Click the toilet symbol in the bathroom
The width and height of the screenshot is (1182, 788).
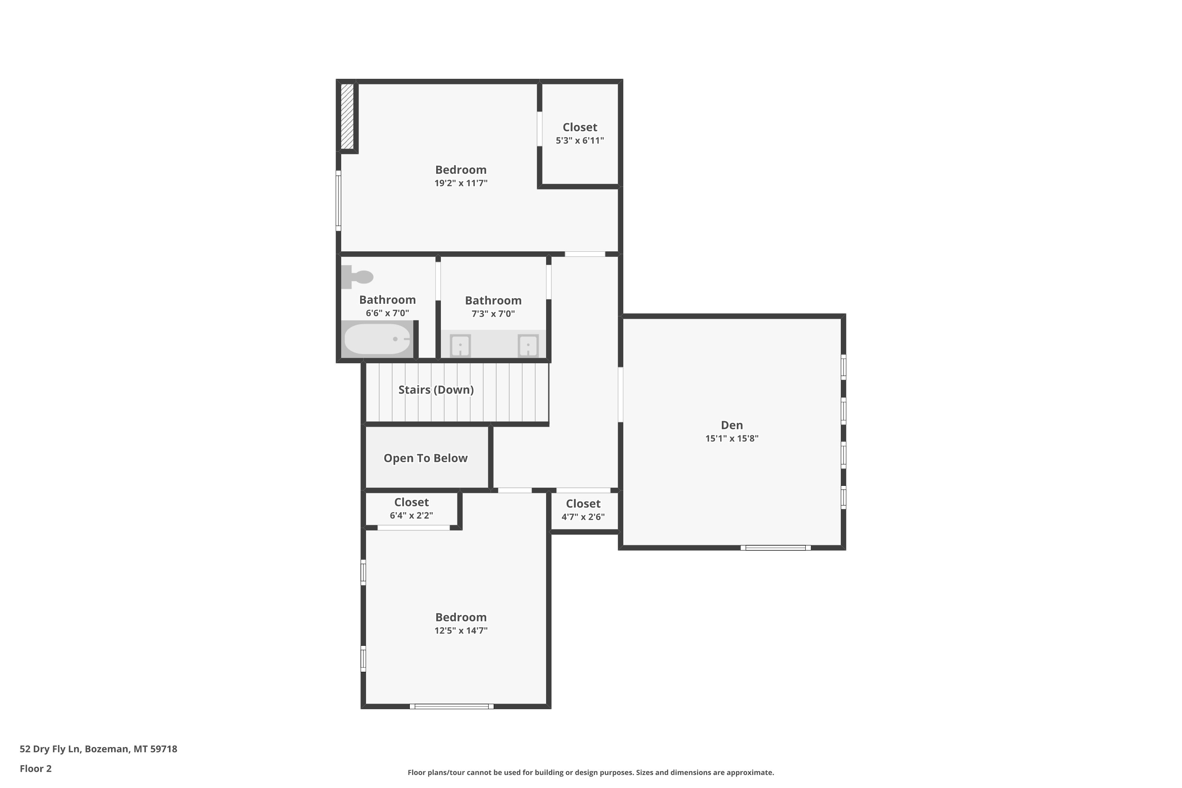point(357,277)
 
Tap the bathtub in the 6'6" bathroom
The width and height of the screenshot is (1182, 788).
point(377,339)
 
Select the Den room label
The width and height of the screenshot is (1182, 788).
point(732,425)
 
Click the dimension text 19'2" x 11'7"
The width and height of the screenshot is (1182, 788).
point(461,183)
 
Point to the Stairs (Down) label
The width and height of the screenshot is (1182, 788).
point(436,390)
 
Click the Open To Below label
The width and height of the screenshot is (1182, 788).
point(426,458)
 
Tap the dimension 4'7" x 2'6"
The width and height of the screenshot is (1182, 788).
point(583,517)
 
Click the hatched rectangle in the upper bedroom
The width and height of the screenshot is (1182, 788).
point(347,116)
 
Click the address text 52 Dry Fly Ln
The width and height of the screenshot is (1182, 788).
point(50,749)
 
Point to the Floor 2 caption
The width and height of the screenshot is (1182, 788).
point(36,768)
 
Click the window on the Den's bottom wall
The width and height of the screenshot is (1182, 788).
point(775,548)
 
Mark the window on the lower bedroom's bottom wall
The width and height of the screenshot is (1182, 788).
point(451,706)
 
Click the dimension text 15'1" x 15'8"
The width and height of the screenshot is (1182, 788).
point(732,438)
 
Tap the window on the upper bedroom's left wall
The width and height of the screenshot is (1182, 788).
point(338,201)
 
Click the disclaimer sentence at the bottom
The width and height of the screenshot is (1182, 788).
point(591,772)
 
